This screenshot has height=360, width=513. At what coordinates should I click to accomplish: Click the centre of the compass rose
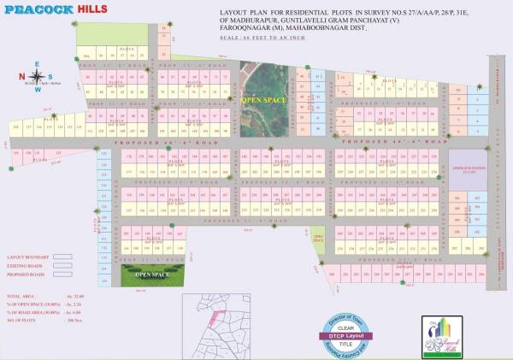(36, 75)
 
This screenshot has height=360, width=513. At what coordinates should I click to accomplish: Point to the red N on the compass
(21, 75)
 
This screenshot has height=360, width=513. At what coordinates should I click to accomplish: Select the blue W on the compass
(36, 89)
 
